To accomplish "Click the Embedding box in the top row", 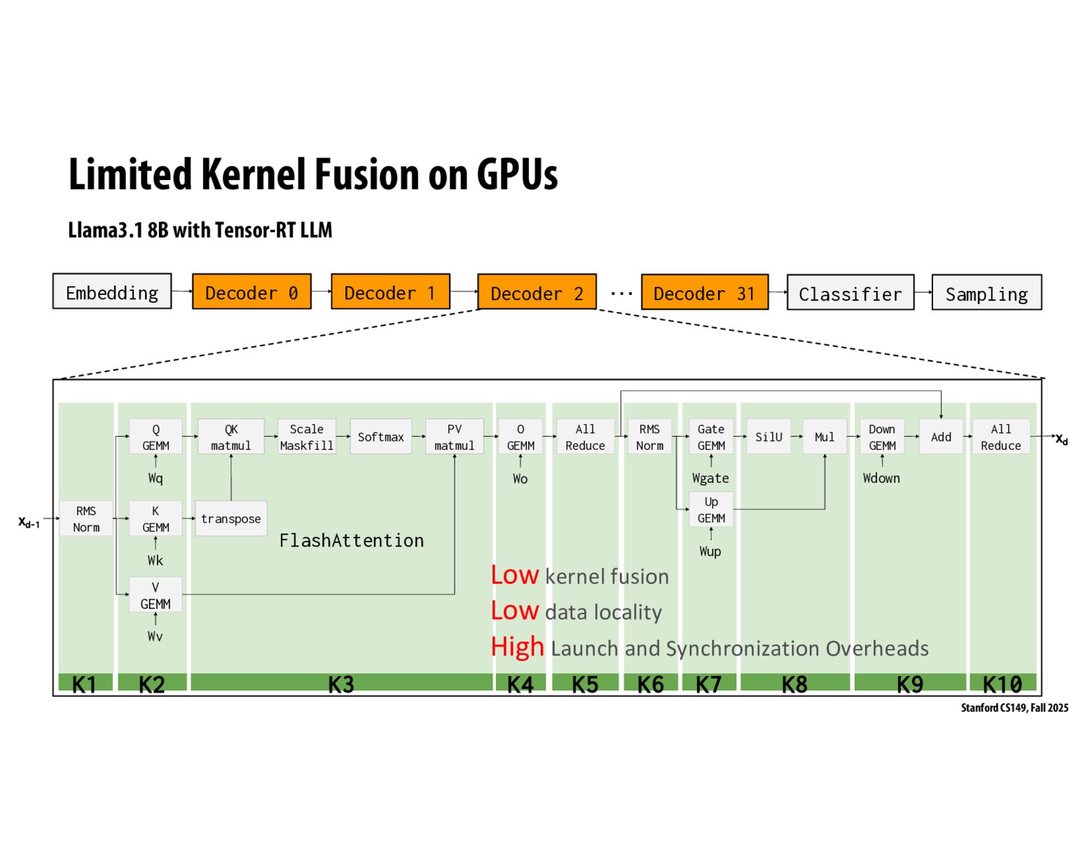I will tap(112, 292).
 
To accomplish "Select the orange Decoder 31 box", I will tap(704, 293).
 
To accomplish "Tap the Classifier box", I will tap(850, 293).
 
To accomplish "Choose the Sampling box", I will tap(986, 293).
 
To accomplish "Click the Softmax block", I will tap(380, 437).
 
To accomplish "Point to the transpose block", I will tap(230, 519).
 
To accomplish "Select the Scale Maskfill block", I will tap(306, 437).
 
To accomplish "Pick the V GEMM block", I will tap(155, 595).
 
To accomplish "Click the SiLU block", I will tap(768, 437).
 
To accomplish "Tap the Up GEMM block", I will tap(710, 510).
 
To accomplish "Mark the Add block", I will tap(940, 437).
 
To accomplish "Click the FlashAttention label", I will tap(351, 540).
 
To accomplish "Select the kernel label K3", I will tap(340, 683).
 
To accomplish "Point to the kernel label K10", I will tap(1002, 683).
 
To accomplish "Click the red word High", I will tap(517, 646).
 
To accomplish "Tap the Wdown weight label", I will tap(881, 478).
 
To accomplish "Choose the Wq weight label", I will tap(155, 478).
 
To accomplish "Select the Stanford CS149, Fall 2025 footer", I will tap(1014, 708).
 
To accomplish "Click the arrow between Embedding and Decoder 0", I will tap(181, 291).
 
